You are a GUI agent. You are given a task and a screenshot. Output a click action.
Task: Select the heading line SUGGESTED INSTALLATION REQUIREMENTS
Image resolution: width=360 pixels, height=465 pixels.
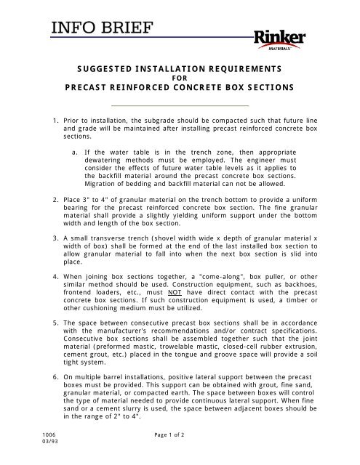coord(180,70)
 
